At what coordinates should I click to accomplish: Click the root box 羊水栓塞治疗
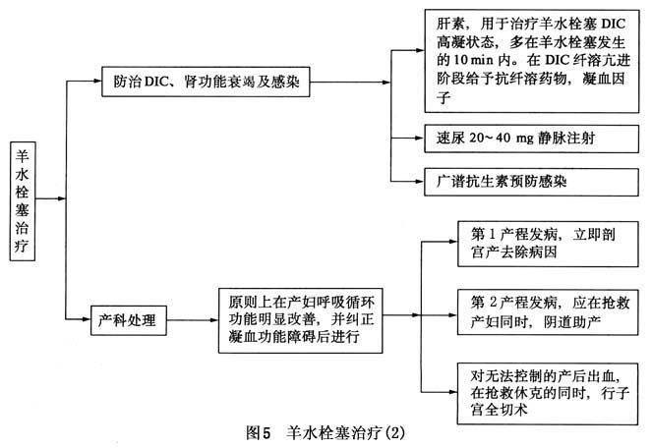23,200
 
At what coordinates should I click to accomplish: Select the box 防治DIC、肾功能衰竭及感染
206,84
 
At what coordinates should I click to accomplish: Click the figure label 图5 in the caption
260,431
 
